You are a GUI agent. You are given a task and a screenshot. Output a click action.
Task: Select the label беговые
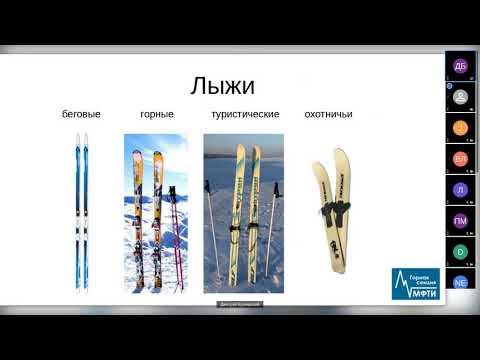point(81,115)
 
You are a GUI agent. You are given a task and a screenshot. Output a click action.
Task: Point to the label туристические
point(245,115)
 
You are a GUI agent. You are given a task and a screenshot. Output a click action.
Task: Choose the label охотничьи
point(328,115)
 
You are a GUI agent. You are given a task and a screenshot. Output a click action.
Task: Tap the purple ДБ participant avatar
point(460,66)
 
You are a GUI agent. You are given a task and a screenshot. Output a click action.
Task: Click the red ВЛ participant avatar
point(460,159)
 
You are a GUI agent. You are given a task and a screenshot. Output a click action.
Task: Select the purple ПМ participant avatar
point(460,221)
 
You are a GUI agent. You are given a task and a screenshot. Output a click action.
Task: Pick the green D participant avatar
point(460,252)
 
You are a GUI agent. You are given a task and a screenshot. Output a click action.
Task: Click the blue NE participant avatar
point(460,283)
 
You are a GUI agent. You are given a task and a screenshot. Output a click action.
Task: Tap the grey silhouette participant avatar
point(460,97)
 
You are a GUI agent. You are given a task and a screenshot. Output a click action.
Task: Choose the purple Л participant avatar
point(460,190)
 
